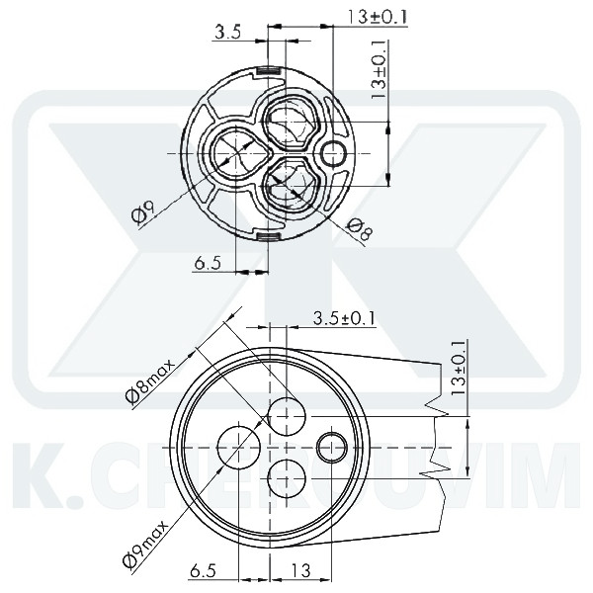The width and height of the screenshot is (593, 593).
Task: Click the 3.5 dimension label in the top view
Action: point(228,32)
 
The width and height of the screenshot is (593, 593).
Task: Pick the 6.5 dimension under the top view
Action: point(208,263)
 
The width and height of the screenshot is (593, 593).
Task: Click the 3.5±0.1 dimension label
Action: point(343,317)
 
